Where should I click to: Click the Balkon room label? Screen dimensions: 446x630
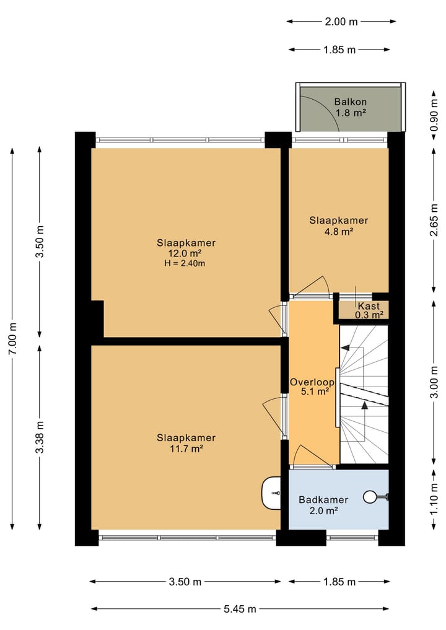click(x=351, y=102)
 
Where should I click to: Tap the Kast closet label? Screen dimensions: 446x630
click(x=369, y=306)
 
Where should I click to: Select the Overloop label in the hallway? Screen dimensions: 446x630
click(x=312, y=382)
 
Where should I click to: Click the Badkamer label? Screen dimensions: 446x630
click(x=323, y=500)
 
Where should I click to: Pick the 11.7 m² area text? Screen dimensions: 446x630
click(x=186, y=448)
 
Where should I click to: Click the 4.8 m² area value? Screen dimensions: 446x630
click(x=339, y=231)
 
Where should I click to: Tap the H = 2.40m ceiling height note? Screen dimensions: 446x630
click(x=185, y=263)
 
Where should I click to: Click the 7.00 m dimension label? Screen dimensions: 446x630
click(x=12, y=338)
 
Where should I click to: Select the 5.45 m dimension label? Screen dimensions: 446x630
click(x=240, y=609)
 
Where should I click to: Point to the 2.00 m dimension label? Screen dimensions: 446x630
click(x=341, y=22)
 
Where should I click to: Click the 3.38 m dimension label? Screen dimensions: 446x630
click(x=40, y=437)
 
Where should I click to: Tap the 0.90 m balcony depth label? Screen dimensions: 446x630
click(x=434, y=115)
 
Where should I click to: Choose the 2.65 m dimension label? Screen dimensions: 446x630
click(x=434, y=220)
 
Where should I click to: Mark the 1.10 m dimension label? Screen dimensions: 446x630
click(x=434, y=499)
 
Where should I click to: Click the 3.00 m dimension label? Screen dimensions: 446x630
click(x=434, y=382)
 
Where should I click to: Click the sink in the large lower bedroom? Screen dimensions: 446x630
click(x=271, y=492)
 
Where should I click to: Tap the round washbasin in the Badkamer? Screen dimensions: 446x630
click(x=370, y=497)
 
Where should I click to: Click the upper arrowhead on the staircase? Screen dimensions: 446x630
click(x=344, y=348)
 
